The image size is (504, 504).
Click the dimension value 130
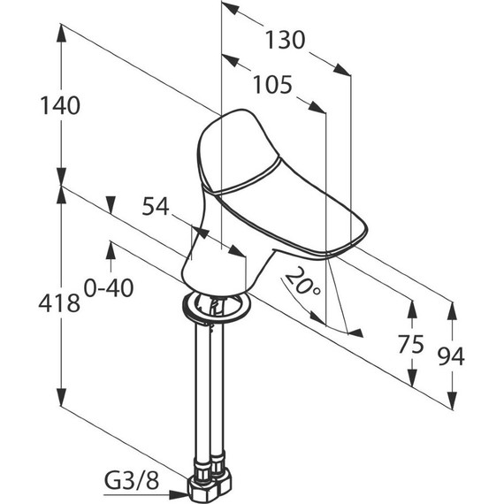tap(285, 40)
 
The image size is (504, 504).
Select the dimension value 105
tap(273, 85)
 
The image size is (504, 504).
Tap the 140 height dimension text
tap(60, 106)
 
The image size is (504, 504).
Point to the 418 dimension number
tap(59, 302)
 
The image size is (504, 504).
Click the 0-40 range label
tap(109, 288)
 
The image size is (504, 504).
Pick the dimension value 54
tap(156, 206)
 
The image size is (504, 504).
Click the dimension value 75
tap(411, 344)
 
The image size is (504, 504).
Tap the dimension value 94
tap(451, 356)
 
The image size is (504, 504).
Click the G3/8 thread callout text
tap(132, 481)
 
